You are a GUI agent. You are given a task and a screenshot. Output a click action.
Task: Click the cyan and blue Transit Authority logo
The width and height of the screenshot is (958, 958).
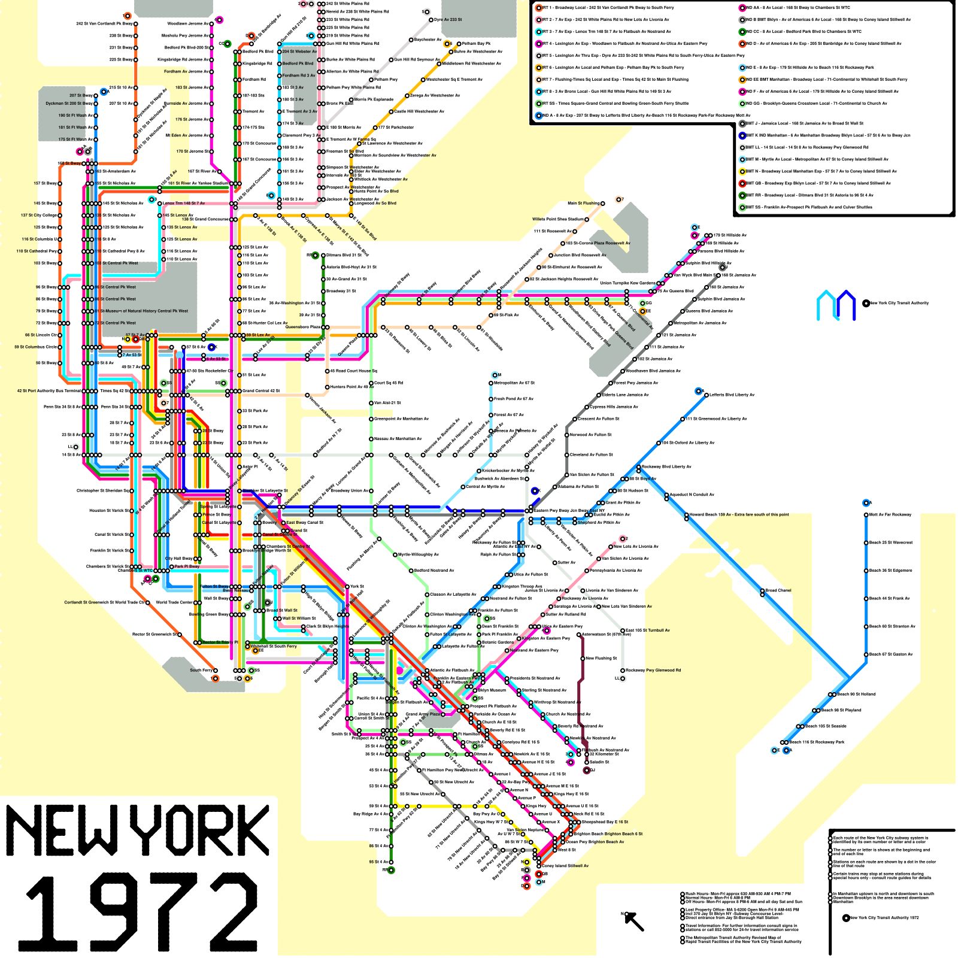coord(836,305)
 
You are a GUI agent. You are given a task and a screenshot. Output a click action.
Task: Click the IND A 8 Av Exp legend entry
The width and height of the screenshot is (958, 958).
coord(644,116)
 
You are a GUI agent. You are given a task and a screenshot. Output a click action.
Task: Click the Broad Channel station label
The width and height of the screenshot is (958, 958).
coord(778,590)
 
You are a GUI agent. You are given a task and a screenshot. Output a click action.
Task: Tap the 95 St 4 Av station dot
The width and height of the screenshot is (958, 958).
coord(392,862)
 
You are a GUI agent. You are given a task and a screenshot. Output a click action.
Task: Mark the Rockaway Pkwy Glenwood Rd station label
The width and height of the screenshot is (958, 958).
coord(653,671)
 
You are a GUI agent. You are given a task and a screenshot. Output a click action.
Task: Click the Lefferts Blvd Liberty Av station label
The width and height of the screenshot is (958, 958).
coord(732,395)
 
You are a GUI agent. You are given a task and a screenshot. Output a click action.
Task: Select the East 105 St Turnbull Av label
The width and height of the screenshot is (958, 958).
coord(647,630)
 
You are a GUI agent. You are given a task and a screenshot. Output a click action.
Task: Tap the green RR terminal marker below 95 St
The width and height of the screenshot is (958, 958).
coord(392,870)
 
